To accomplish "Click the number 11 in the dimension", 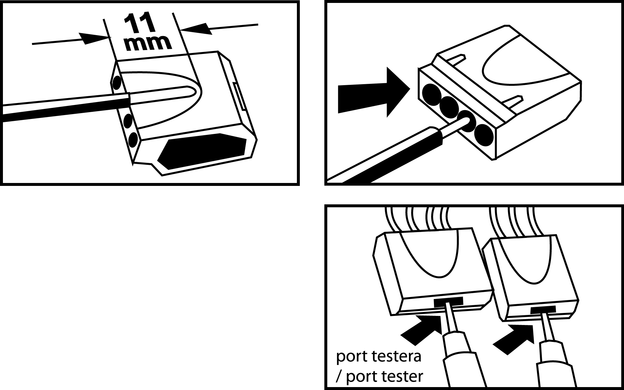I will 139,24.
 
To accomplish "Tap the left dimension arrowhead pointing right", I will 93,38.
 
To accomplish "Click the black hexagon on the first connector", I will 202,151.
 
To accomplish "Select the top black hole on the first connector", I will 117,83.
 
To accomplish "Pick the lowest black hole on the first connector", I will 133,140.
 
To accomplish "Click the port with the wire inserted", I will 466,121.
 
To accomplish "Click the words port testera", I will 379,356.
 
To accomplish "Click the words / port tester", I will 379,377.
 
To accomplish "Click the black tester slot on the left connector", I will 448,302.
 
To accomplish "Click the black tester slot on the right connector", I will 543,309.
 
